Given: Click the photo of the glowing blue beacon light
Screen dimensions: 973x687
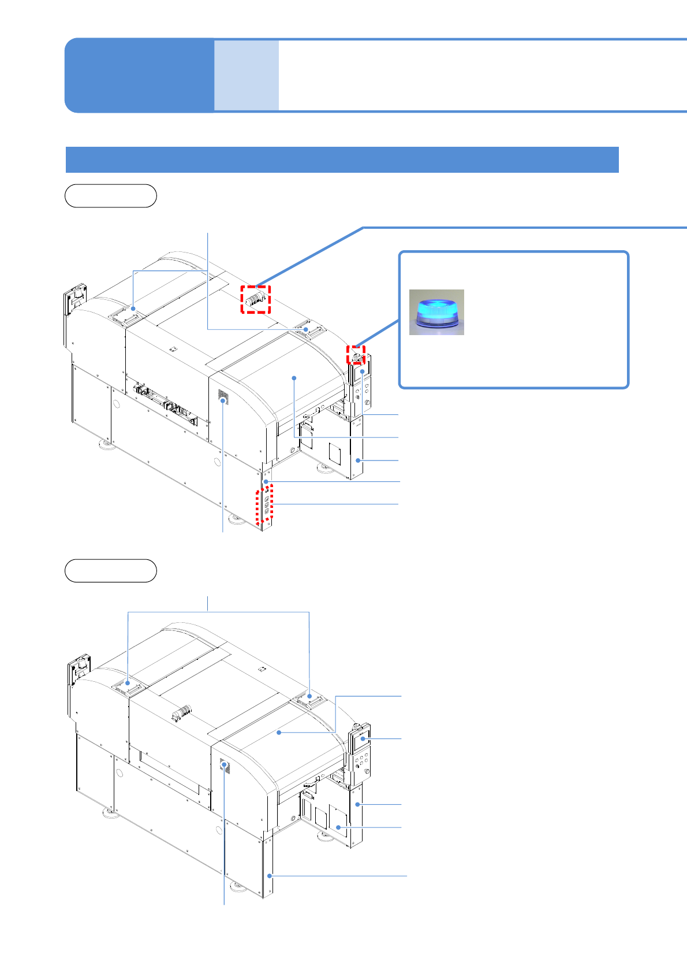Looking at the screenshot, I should pos(436,312).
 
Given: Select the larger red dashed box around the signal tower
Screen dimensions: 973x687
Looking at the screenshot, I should pos(256,299).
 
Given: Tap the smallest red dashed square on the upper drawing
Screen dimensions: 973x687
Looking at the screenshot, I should pos(356,354).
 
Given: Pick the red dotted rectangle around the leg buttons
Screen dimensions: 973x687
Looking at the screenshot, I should pos(265,504).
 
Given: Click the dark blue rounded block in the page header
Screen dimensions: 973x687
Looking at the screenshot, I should pos(139,75).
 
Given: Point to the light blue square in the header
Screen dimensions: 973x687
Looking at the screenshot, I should pos(247,75).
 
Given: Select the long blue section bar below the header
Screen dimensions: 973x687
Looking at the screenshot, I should pos(342,159).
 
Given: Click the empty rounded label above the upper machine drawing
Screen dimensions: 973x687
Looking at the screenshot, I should pos(111,196).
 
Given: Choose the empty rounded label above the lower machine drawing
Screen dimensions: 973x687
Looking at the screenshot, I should pos(111,570).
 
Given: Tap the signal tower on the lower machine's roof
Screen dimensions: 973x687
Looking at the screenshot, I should pos(182,713).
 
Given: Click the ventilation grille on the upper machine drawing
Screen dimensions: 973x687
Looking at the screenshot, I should pos(222,396).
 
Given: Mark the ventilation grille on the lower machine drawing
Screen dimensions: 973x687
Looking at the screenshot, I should pos(225,767).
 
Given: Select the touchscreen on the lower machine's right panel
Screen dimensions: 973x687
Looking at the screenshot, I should pos(362,739).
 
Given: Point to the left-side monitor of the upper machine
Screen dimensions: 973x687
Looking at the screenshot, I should pos(75,299).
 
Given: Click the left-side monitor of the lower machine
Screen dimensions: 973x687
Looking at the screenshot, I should pos(79,671).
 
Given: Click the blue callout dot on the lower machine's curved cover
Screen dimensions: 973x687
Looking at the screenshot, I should pos(279,733).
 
